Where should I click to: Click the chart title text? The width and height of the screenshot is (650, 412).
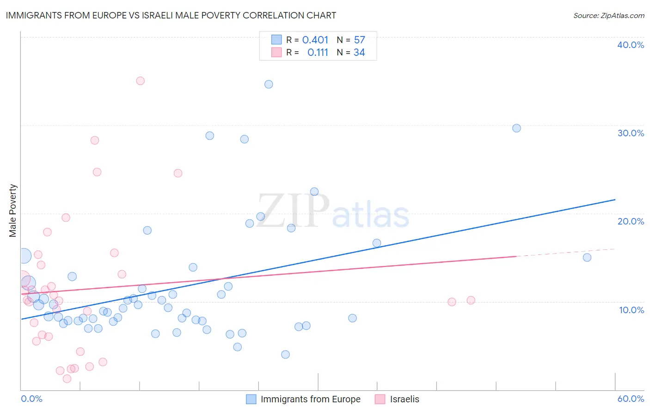(x=171, y=15)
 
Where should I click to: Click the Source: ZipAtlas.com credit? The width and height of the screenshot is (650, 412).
(x=608, y=15)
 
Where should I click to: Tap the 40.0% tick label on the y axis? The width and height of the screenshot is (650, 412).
(x=631, y=45)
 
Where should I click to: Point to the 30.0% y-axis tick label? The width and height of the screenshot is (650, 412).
(x=631, y=133)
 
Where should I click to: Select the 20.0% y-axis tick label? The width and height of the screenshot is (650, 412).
(x=631, y=221)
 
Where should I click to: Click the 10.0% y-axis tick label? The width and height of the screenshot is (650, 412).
(x=631, y=309)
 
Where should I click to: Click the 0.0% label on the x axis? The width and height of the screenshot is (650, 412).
(x=31, y=399)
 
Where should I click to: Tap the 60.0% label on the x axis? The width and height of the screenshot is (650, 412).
(x=631, y=399)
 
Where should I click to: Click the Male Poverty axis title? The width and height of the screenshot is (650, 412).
(x=13, y=211)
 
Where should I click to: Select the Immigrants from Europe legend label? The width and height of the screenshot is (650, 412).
(x=310, y=399)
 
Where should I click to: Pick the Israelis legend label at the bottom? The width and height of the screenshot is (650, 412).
(x=405, y=399)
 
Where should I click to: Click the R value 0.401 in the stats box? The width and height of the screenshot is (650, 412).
(x=315, y=40)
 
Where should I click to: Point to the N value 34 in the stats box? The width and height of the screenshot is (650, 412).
(x=359, y=53)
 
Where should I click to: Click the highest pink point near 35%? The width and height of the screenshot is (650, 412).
(x=141, y=81)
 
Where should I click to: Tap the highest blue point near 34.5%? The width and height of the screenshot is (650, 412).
(x=269, y=84)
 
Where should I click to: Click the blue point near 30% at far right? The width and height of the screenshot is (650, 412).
(x=516, y=128)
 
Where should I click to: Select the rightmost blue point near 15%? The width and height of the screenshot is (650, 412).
(x=587, y=257)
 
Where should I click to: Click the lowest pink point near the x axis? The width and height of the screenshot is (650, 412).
(x=67, y=379)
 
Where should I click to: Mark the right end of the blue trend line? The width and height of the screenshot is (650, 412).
(x=615, y=200)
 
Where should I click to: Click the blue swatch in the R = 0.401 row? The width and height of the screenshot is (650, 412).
(x=276, y=40)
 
